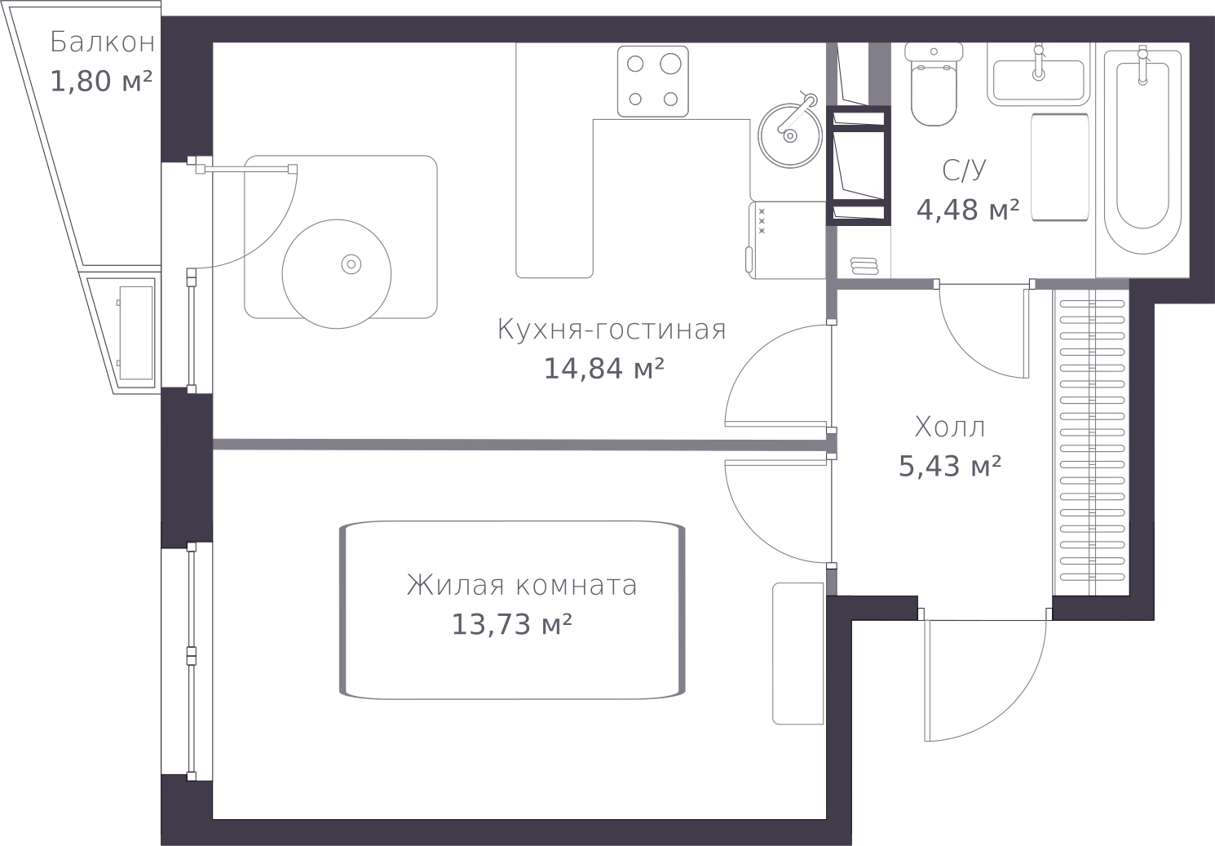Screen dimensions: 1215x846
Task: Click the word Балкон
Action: pos(103,42)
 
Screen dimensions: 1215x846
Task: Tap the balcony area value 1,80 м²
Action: pos(101,82)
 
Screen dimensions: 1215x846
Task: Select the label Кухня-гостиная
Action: pos(612,330)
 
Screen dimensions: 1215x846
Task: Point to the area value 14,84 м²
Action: pos(603,369)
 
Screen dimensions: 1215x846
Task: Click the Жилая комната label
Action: pos(522,586)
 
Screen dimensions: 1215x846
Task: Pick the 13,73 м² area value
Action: pos(511,625)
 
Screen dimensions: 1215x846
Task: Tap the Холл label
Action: pos(950,427)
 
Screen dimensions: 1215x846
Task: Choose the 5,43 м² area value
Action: pos(950,467)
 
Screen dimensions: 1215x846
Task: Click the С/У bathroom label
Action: pos(964,171)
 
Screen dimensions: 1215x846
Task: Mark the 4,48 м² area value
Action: pos(968,210)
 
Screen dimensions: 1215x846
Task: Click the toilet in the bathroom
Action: pos(934,84)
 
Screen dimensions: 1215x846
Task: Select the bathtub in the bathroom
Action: pos(1143,152)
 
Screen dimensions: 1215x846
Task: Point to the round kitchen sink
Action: pos(789,135)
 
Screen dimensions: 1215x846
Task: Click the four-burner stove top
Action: pos(653,82)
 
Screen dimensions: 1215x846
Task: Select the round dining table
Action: pos(336,274)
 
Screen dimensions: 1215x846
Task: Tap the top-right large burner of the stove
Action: pos(670,64)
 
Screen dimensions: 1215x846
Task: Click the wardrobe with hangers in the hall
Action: pos(1092,442)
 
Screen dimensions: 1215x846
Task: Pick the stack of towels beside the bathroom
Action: pos(864,266)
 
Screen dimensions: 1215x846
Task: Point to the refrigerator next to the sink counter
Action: pos(787,240)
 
